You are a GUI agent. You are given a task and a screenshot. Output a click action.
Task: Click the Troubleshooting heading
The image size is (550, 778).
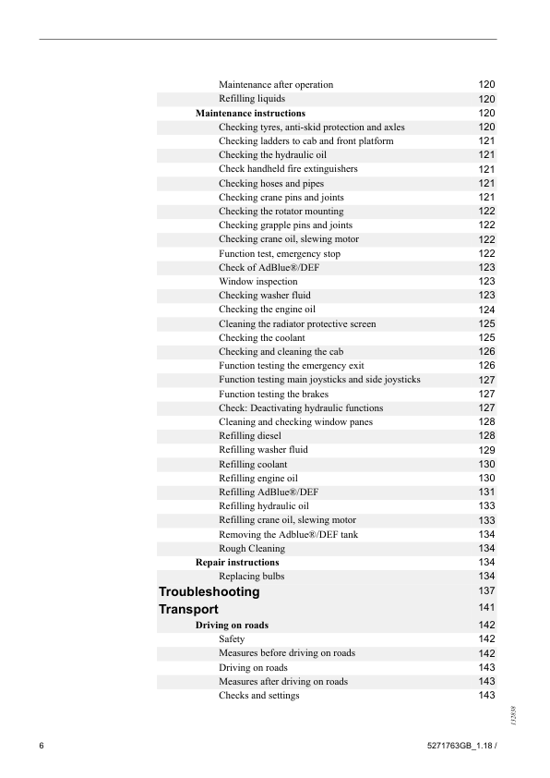[x=209, y=591]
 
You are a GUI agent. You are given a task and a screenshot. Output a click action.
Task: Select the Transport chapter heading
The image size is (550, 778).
[x=188, y=610]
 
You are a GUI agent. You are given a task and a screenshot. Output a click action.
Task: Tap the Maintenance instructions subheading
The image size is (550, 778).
[x=250, y=114]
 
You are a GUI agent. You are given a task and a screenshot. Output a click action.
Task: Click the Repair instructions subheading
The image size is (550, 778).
[x=237, y=562]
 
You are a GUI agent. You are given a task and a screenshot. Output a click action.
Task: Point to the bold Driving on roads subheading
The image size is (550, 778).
[x=232, y=626]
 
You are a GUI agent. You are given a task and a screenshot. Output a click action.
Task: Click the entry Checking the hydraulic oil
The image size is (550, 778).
[x=272, y=155]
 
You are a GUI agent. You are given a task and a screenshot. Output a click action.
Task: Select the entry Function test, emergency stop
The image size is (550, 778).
[x=279, y=253]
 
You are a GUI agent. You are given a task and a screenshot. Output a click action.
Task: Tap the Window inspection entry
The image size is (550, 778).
[x=257, y=281]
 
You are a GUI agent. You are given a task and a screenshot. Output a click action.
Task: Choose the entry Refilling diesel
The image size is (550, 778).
[x=249, y=435]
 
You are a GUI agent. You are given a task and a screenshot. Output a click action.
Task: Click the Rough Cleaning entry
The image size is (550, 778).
[x=252, y=548]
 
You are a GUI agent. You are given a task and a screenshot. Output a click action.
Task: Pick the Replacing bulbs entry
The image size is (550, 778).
[x=251, y=576]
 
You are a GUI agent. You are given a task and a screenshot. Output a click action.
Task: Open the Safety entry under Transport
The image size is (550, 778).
[x=232, y=639]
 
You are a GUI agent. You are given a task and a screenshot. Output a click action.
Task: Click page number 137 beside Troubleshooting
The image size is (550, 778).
[x=487, y=590]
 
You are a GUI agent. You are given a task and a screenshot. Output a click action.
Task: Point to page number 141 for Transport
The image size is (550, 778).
[x=487, y=608]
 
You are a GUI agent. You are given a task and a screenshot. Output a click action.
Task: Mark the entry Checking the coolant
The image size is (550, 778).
[x=261, y=337]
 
